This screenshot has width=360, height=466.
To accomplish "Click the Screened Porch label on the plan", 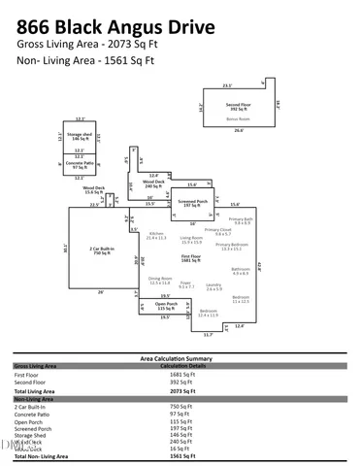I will [193, 203].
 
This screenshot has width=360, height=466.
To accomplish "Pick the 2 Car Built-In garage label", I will [102, 250].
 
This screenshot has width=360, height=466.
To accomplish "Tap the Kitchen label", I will [155, 234].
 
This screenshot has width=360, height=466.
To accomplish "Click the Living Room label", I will [190, 237].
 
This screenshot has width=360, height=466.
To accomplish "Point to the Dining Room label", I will [159, 279].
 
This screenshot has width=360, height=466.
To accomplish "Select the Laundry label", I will [213, 285].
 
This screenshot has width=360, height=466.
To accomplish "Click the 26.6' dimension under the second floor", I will [239, 130].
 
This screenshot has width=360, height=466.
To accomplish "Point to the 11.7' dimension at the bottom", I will [207, 334].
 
